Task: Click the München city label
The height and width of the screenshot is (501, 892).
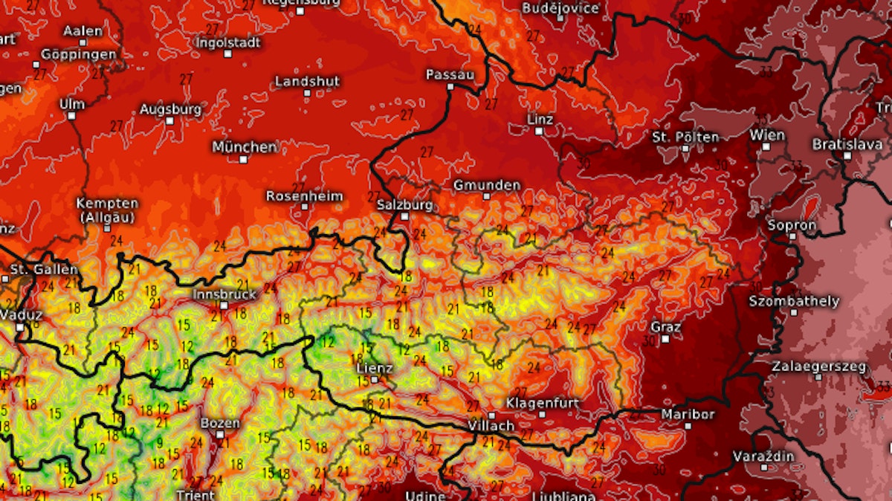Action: tap(245, 146)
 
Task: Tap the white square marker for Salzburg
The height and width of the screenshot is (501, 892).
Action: tap(404, 216)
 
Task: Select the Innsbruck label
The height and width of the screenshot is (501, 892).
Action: tap(224, 294)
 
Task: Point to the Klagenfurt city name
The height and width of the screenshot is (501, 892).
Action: tap(542, 402)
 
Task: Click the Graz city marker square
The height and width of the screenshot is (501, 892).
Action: tap(665, 339)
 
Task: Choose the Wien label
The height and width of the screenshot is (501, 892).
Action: tap(767, 135)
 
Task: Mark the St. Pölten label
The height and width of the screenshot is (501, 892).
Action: tap(685, 137)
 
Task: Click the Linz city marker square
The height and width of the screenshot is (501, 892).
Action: tap(539, 131)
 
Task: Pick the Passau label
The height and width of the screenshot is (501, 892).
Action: tap(450, 75)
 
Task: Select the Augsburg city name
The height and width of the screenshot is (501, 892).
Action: tap(170, 109)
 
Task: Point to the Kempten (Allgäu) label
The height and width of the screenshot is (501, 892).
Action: tap(107, 210)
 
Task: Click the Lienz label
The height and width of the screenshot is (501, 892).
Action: tap(375, 367)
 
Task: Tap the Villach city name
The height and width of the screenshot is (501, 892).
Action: tap(491, 426)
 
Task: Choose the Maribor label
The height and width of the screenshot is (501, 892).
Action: tap(688, 414)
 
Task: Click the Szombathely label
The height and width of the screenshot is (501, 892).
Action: tap(794, 301)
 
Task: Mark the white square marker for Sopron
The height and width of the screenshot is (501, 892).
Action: tap(793, 236)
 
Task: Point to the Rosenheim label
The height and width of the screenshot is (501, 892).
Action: tap(305, 196)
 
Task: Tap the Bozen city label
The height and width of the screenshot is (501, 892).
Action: tap(220, 423)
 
